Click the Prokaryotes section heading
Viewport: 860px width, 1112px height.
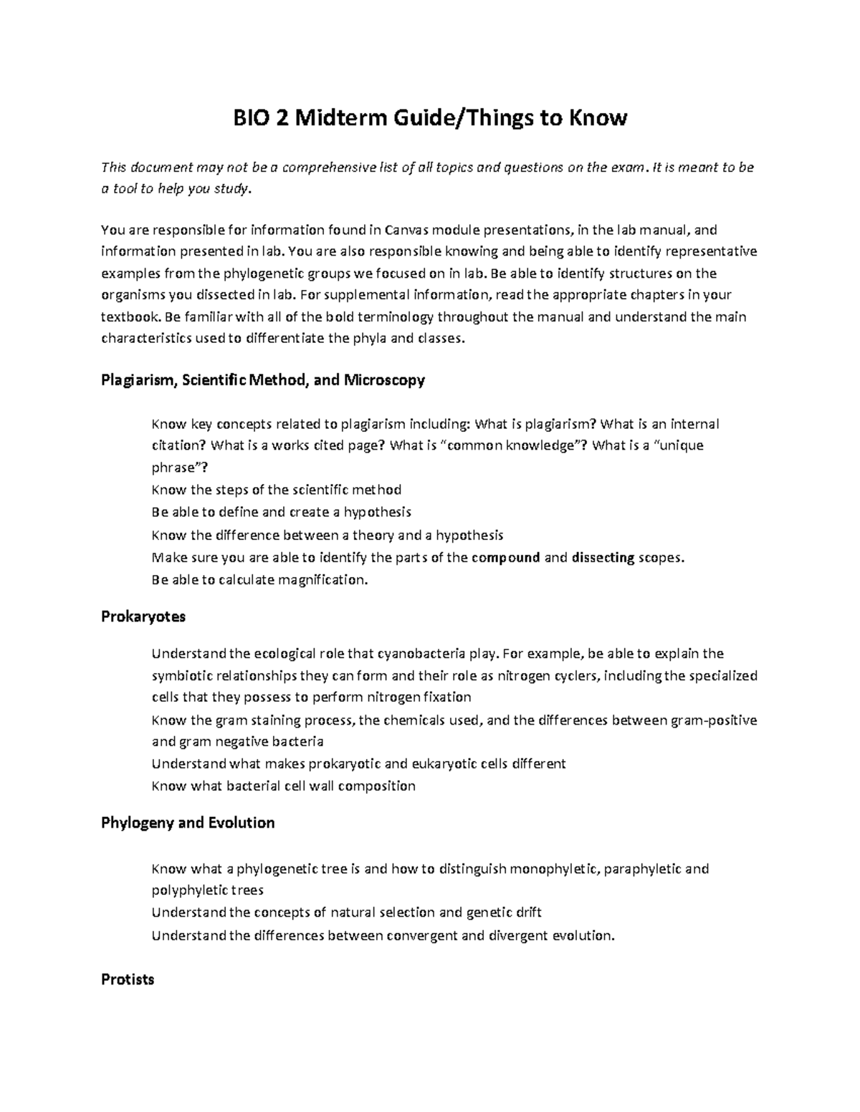click(143, 616)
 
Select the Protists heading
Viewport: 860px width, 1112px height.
click(128, 979)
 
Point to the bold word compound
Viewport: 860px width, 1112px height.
click(506, 558)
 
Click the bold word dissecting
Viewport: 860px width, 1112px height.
click(603, 558)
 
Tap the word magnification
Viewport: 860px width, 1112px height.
click(322, 580)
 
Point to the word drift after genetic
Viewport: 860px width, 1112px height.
click(527, 912)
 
